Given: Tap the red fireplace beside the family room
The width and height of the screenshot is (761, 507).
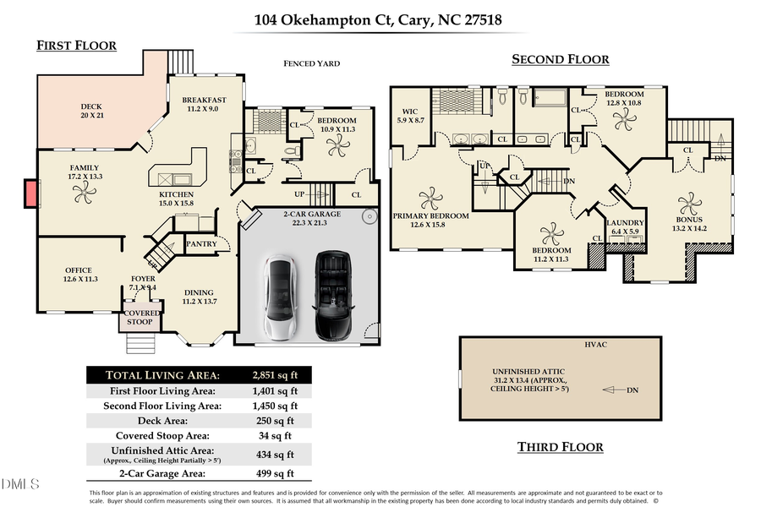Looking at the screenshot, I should (30, 194).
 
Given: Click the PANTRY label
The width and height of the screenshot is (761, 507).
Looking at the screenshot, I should (201, 244).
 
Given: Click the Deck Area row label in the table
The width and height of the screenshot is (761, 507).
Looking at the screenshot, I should (162, 420).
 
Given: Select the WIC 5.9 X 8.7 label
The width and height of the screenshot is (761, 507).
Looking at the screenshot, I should (409, 117).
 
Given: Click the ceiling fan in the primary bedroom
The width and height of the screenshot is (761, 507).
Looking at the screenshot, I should (430, 198).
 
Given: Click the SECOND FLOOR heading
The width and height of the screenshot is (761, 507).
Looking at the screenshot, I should (560, 59).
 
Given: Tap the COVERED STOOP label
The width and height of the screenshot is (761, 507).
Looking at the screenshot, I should (140, 317).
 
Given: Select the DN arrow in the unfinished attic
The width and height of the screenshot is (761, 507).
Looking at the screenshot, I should (620, 390).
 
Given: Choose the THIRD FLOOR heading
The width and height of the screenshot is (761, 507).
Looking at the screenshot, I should (560, 446).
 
